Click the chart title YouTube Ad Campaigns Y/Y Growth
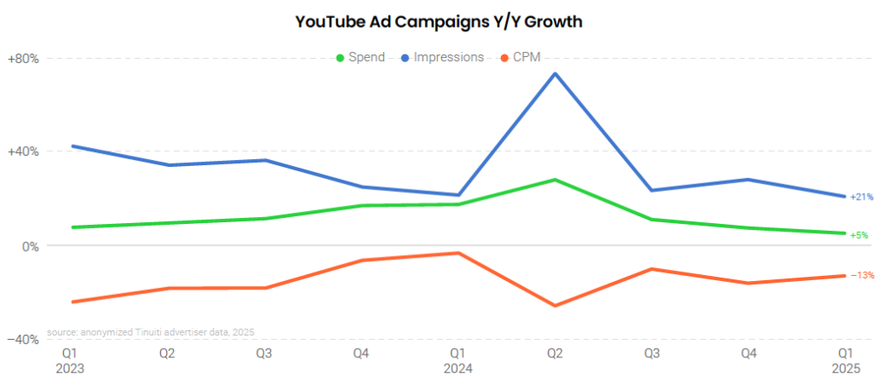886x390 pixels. tap(439, 21)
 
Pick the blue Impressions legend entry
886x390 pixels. tap(441, 58)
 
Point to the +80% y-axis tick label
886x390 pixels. tap(23, 59)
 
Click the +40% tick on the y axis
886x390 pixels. tap(23, 151)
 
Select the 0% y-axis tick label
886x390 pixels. tap(29, 246)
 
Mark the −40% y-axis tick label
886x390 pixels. tap(23, 340)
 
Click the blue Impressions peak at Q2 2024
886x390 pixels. tap(555, 74)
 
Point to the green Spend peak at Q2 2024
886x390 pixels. tap(555, 180)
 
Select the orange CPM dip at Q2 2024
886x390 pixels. tap(555, 305)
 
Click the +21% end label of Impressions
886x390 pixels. tap(862, 197)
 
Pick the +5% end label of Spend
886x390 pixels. tap(859, 234)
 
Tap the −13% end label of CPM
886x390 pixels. tap(862, 275)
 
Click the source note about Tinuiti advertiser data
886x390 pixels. tap(151, 332)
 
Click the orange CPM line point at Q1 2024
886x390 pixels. tap(459, 253)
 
